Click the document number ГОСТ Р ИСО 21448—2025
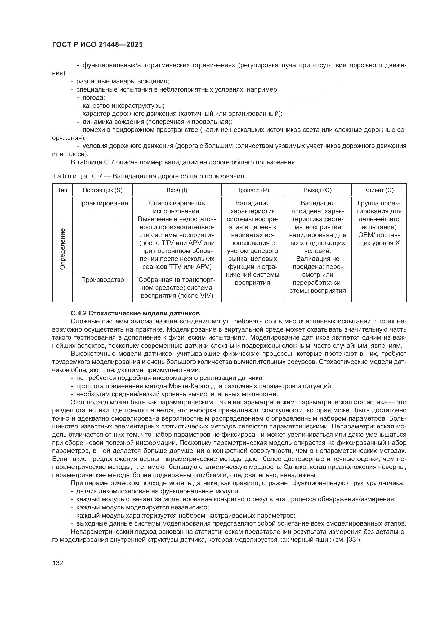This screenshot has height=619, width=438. pos(97,45)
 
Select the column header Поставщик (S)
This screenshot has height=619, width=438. pos(102,190)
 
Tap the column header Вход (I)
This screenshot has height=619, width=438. pos(177,190)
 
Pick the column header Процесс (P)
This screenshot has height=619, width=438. pos(252,190)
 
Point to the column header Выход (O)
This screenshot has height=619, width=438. pos(318,190)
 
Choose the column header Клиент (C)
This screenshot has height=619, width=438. pos(379,190)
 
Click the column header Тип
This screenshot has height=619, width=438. pos(62,190)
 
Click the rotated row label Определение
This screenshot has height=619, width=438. pos(62,249)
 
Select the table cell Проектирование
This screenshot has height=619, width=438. pos(102,203)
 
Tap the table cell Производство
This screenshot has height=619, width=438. pos(102,280)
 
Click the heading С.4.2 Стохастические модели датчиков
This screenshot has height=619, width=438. pos(135,313)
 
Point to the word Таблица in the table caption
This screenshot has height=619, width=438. pos(70,176)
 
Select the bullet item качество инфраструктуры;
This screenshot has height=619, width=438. pos(123,106)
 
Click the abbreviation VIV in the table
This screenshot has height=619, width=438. pos(206,296)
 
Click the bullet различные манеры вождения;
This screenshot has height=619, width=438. pos(122,82)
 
